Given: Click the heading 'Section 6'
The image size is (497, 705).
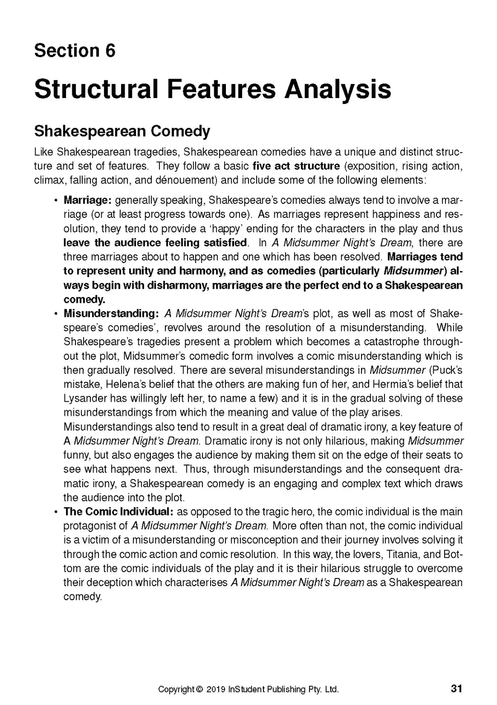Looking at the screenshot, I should pyautogui.click(x=75, y=50).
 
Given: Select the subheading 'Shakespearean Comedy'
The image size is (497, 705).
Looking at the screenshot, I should pyautogui.click(x=122, y=132).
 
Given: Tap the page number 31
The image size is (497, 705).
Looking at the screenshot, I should pyautogui.click(x=456, y=689).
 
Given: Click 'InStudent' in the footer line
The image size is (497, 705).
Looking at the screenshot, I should pyautogui.click(x=247, y=690).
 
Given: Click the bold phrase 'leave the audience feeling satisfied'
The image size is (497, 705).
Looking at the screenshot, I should pyautogui.click(x=155, y=243).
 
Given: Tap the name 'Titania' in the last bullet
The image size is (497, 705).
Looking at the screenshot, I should pyautogui.click(x=407, y=554).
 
